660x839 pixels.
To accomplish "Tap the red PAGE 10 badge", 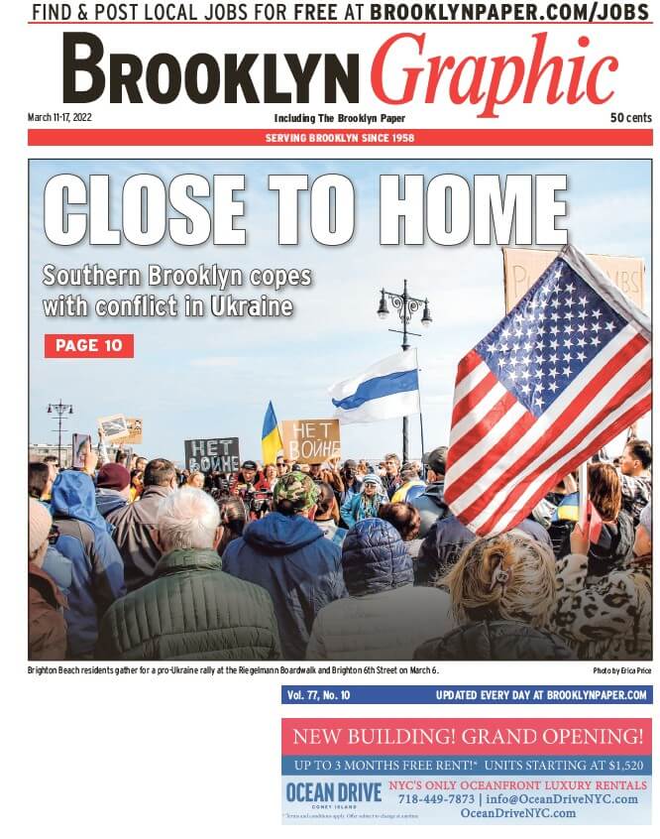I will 88,345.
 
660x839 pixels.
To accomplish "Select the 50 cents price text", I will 630,118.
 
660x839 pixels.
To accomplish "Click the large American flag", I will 550,387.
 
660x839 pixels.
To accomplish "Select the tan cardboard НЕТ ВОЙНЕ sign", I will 310,440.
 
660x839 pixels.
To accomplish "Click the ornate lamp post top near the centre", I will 404,302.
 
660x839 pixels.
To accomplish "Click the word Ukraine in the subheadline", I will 251,305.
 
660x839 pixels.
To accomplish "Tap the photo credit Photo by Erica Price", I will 621,671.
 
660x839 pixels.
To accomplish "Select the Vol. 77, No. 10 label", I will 318,695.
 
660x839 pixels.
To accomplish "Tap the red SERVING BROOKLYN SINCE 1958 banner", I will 340,137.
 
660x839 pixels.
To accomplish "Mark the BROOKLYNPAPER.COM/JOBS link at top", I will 511,12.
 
